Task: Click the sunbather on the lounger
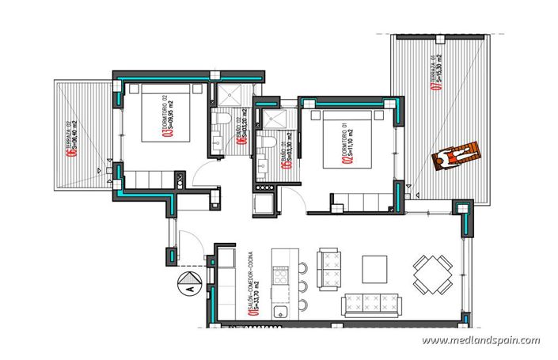(x=452, y=156)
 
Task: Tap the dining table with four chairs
(x=429, y=274)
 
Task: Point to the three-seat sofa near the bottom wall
(x=370, y=304)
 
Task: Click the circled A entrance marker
(x=189, y=281)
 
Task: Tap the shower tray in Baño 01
(x=277, y=118)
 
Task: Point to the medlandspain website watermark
(x=481, y=341)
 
